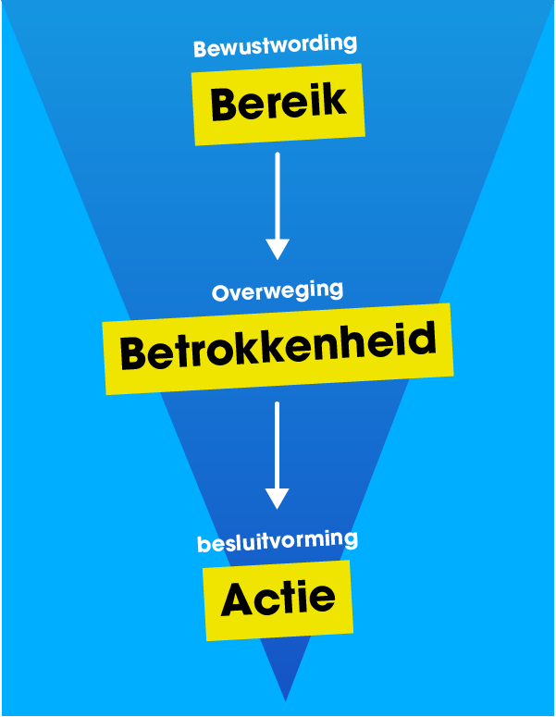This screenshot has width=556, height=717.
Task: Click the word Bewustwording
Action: [275, 45]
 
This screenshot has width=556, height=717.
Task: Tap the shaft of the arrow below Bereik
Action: [278, 194]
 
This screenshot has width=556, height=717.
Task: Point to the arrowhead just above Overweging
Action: [278, 249]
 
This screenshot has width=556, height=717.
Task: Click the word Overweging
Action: [277, 292]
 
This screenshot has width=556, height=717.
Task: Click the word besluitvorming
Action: [277, 542]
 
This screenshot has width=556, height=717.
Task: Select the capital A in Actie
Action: [238, 601]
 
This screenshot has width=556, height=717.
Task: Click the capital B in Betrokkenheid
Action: [135, 352]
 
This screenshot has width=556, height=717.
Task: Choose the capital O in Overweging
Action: [221, 294]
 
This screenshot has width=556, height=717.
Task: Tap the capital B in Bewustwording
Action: [200, 48]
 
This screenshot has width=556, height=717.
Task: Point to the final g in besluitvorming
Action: [350, 540]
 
